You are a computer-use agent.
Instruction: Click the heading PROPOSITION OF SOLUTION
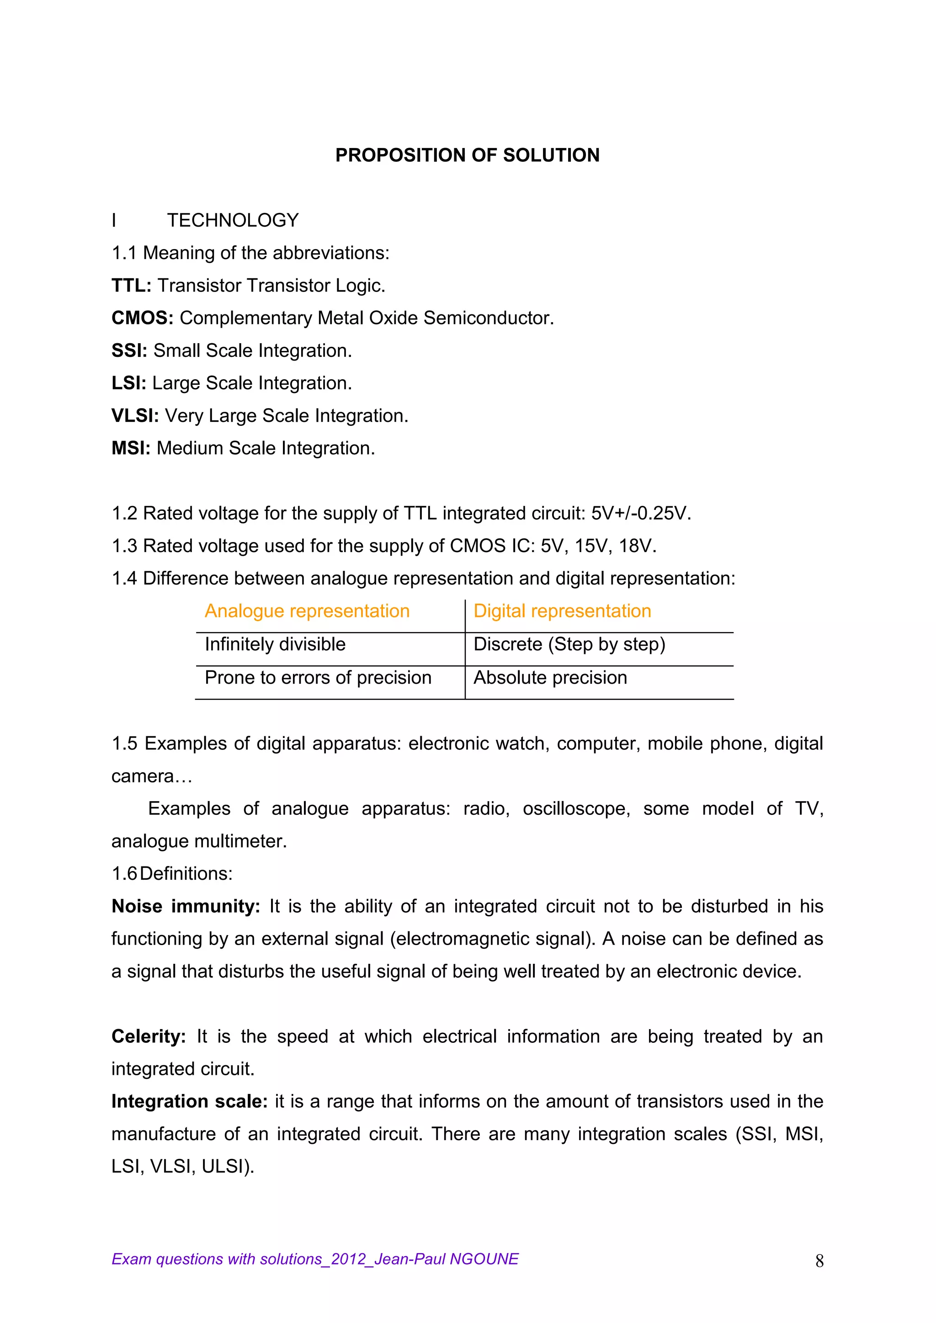click(468, 155)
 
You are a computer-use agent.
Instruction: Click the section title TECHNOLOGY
click(233, 220)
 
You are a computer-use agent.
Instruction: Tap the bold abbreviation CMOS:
click(142, 318)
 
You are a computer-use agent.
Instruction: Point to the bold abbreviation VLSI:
click(135, 415)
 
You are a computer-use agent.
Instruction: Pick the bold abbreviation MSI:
click(131, 448)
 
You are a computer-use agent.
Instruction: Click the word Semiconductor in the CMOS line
click(488, 318)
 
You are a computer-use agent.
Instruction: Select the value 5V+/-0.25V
click(640, 513)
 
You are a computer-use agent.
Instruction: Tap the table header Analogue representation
click(307, 611)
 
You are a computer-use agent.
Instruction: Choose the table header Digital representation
click(562, 611)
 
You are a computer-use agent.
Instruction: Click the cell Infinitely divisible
click(275, 644)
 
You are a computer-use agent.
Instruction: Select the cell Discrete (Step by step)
click(569, 644)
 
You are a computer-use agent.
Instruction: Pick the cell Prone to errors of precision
click(318, 678)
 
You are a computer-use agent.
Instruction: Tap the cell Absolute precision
click(550, 678)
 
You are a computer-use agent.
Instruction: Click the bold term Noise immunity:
click(186, 906)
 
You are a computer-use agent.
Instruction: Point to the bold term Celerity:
click(148, 1036)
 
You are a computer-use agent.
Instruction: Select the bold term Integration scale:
click(189, 1102)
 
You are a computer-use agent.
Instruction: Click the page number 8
click(819, 1261)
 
